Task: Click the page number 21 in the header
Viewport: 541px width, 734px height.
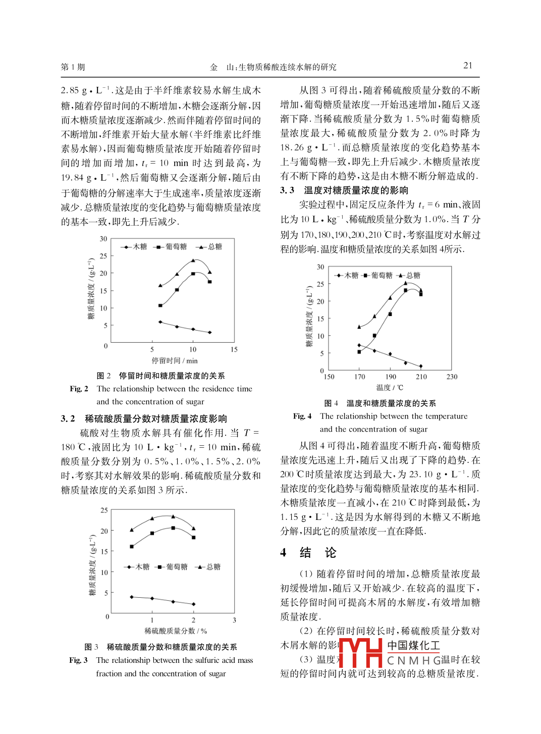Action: coord(468,66)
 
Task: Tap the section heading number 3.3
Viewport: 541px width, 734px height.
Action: coord(287,190)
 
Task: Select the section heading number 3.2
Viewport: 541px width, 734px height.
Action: coord(68,418)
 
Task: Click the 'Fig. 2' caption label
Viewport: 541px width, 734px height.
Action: coord(79,389)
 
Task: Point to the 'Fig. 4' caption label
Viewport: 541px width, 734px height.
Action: coord(302,416)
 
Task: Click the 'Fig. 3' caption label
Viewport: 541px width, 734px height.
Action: coord(78,660)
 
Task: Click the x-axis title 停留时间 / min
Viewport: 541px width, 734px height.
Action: coord(175,360)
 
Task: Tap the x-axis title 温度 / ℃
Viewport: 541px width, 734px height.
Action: coord(390,388)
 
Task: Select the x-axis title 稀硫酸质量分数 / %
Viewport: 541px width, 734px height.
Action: coord(176,631)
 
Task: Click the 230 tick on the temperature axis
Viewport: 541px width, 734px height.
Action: coord(452,377)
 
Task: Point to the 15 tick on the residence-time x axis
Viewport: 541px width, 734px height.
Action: coord(234,349)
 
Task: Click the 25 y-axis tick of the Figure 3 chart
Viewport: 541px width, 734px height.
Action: coord(104,510)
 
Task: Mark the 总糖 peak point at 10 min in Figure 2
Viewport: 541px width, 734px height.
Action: coord(193,260)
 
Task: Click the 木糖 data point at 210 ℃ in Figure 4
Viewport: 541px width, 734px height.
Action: coord(421,366)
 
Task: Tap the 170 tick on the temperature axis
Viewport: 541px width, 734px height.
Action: coord(359,377)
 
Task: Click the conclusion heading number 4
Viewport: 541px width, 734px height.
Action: coord(284,553)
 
